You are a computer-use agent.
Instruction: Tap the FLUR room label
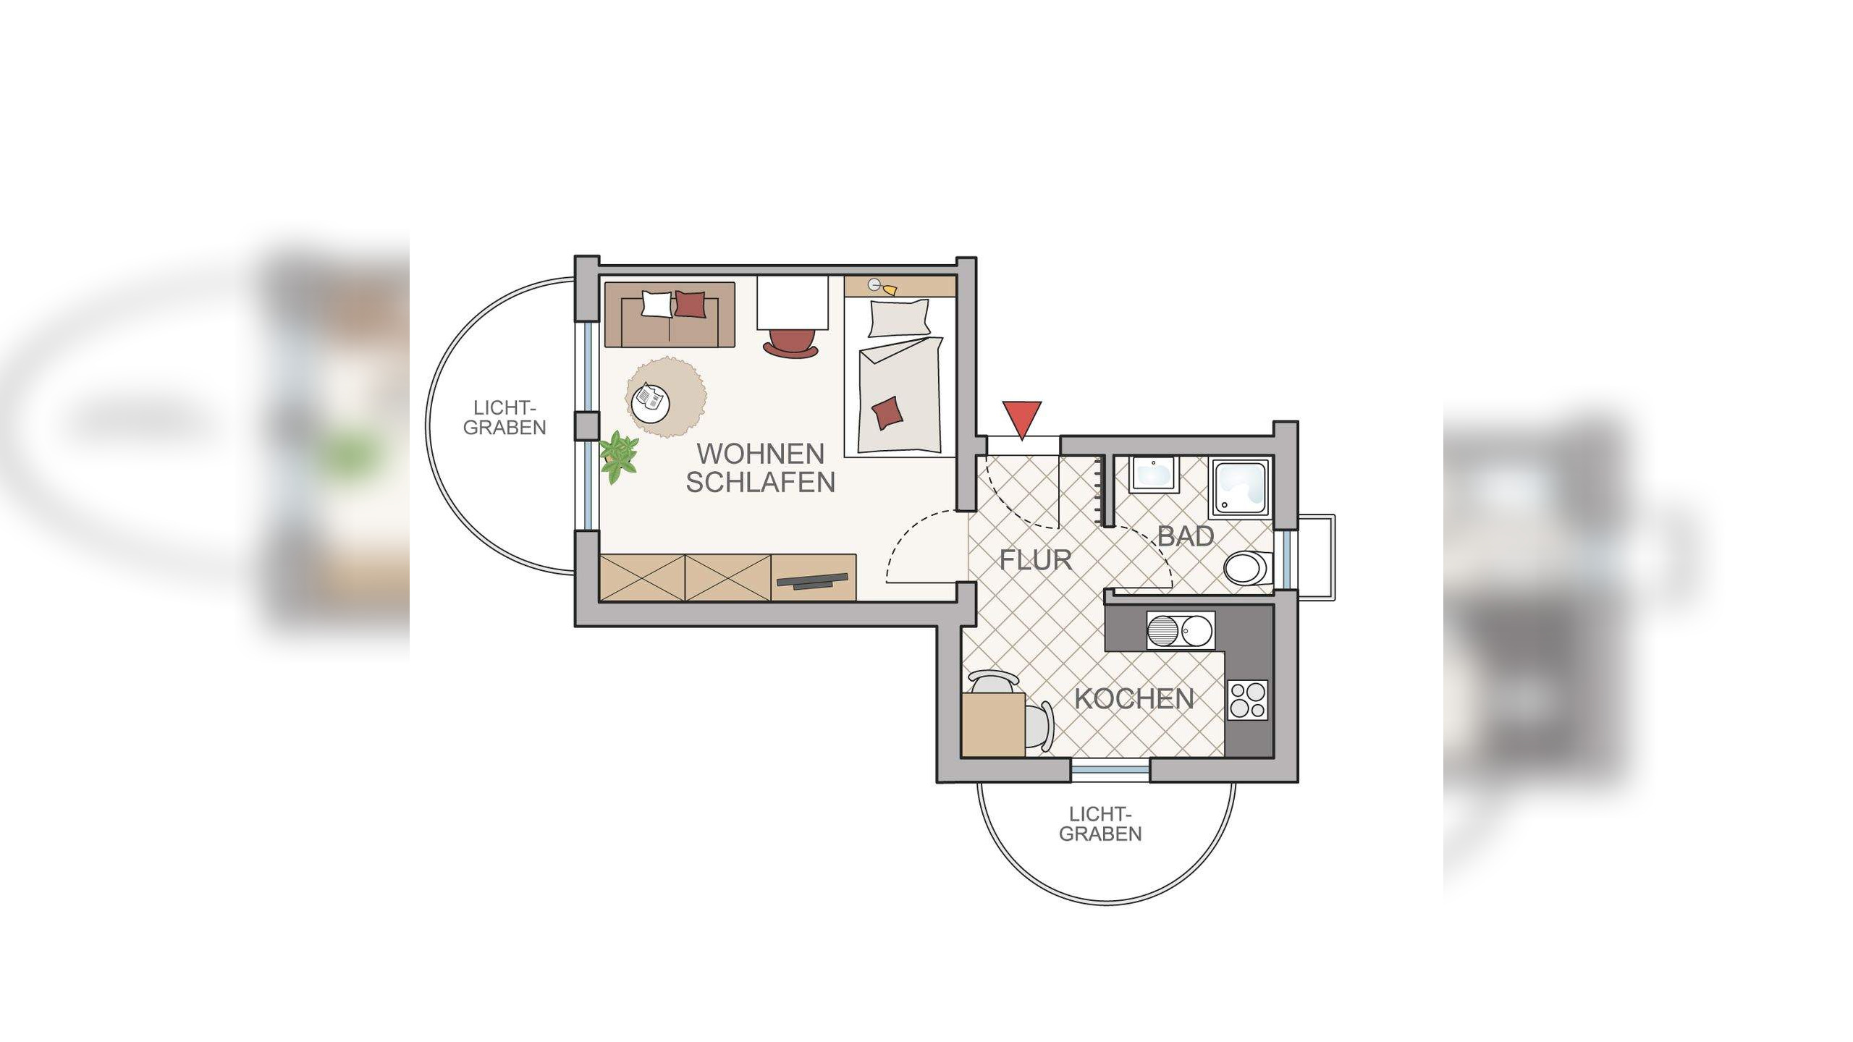point(1036,560)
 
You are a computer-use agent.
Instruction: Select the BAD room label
point(1186,536)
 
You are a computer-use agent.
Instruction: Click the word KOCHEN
point(1134,698)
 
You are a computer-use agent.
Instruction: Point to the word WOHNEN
point(761,454)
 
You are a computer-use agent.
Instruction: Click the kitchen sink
point(1181,630)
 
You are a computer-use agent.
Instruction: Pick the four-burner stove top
point(1249,700)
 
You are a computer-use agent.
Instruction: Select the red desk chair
point(791,342)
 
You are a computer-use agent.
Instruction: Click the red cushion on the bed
point(888,413)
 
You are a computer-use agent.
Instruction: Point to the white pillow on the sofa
point(657,304)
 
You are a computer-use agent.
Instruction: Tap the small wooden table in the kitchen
point(994,725)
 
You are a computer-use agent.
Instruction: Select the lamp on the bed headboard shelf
point(882,287)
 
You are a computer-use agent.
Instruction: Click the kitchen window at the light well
point(1110,771)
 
